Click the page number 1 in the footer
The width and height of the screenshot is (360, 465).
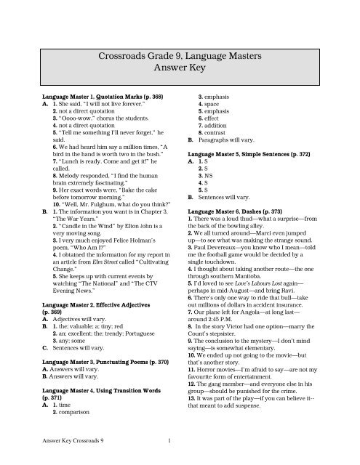click(x=169, y=439)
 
